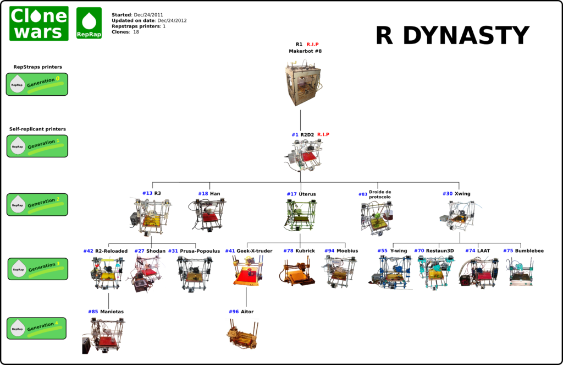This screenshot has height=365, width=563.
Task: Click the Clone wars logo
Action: [38, 24]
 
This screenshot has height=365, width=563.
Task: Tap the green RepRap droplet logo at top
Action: [89, 24]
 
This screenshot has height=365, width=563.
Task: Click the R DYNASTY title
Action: [452, 36]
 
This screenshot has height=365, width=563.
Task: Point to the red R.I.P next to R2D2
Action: [323, 134]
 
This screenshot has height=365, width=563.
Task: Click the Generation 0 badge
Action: [37, 84]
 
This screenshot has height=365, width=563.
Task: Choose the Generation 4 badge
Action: [37, 328]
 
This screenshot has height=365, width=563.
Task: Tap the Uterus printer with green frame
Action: [301, 215]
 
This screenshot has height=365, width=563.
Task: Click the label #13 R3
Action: [151, 193]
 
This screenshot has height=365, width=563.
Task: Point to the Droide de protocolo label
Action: [379, 194]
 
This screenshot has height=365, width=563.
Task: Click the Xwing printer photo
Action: [458, 215]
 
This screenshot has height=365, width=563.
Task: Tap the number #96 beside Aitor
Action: [234, 312]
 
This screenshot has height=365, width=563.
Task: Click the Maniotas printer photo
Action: [104, 334]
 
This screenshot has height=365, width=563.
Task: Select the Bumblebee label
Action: [529, 251]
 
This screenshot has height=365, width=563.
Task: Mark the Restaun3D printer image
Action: [435, 273]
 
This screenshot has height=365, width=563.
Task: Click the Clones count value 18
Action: [136, 32]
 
